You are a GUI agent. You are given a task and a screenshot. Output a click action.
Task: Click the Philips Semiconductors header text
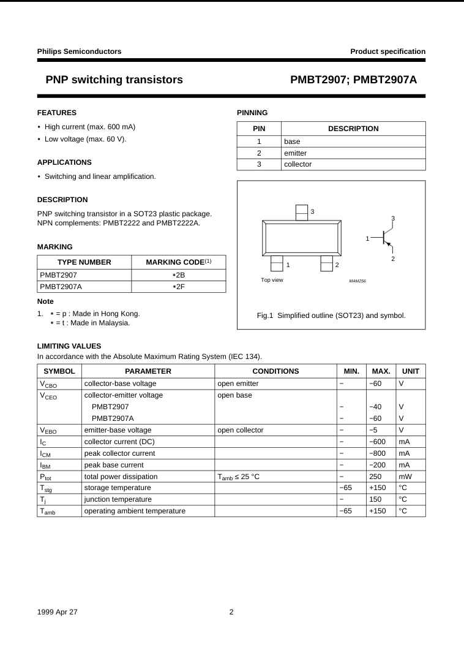tap(79, 51)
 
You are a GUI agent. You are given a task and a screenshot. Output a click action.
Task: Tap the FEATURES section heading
tap(57, 113)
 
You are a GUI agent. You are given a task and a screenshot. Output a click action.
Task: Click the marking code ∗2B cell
tap(178, 274)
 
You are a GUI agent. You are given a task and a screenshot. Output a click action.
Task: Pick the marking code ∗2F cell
tap(178, 286)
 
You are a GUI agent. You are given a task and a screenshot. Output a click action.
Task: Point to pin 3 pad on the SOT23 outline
tap(302, 212)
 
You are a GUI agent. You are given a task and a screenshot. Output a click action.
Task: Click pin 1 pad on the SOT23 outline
tap(277, 263)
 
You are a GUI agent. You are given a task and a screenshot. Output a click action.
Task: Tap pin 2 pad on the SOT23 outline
tap(326, 263)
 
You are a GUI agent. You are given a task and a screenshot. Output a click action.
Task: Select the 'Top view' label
tap(272, 280)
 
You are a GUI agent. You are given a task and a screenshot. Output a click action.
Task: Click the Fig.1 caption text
tap(331, 315)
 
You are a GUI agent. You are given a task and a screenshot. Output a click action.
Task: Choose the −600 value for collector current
tap(378, 442)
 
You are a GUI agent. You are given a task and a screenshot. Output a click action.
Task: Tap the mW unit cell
tap(405, 476)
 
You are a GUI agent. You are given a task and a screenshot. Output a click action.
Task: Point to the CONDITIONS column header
tap(275, 371)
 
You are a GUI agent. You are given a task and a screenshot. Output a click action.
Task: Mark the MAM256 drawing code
tap(357, 281)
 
